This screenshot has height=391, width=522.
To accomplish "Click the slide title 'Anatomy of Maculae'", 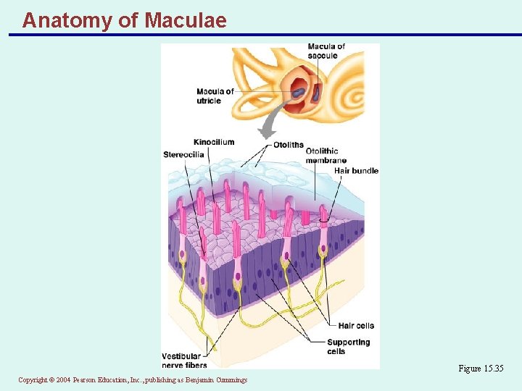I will (124, 20).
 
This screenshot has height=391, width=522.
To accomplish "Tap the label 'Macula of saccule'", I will (326, 51).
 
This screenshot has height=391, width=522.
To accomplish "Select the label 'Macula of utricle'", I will (215, 96).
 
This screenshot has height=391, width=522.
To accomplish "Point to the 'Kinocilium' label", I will (214, 142).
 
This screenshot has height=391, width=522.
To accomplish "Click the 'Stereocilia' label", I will (183, 154).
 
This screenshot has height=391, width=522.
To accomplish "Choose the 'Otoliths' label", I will (289, 145).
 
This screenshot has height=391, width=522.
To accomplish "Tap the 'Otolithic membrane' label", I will (326, 156).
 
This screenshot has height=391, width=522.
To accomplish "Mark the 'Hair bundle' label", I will (356, 171).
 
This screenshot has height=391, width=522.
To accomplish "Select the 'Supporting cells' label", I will (348, 346).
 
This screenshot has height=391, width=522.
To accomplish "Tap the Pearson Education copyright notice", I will (133, 380).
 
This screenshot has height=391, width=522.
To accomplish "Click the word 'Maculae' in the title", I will (186, 20).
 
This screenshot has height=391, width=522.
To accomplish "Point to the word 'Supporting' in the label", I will (348, 342).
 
